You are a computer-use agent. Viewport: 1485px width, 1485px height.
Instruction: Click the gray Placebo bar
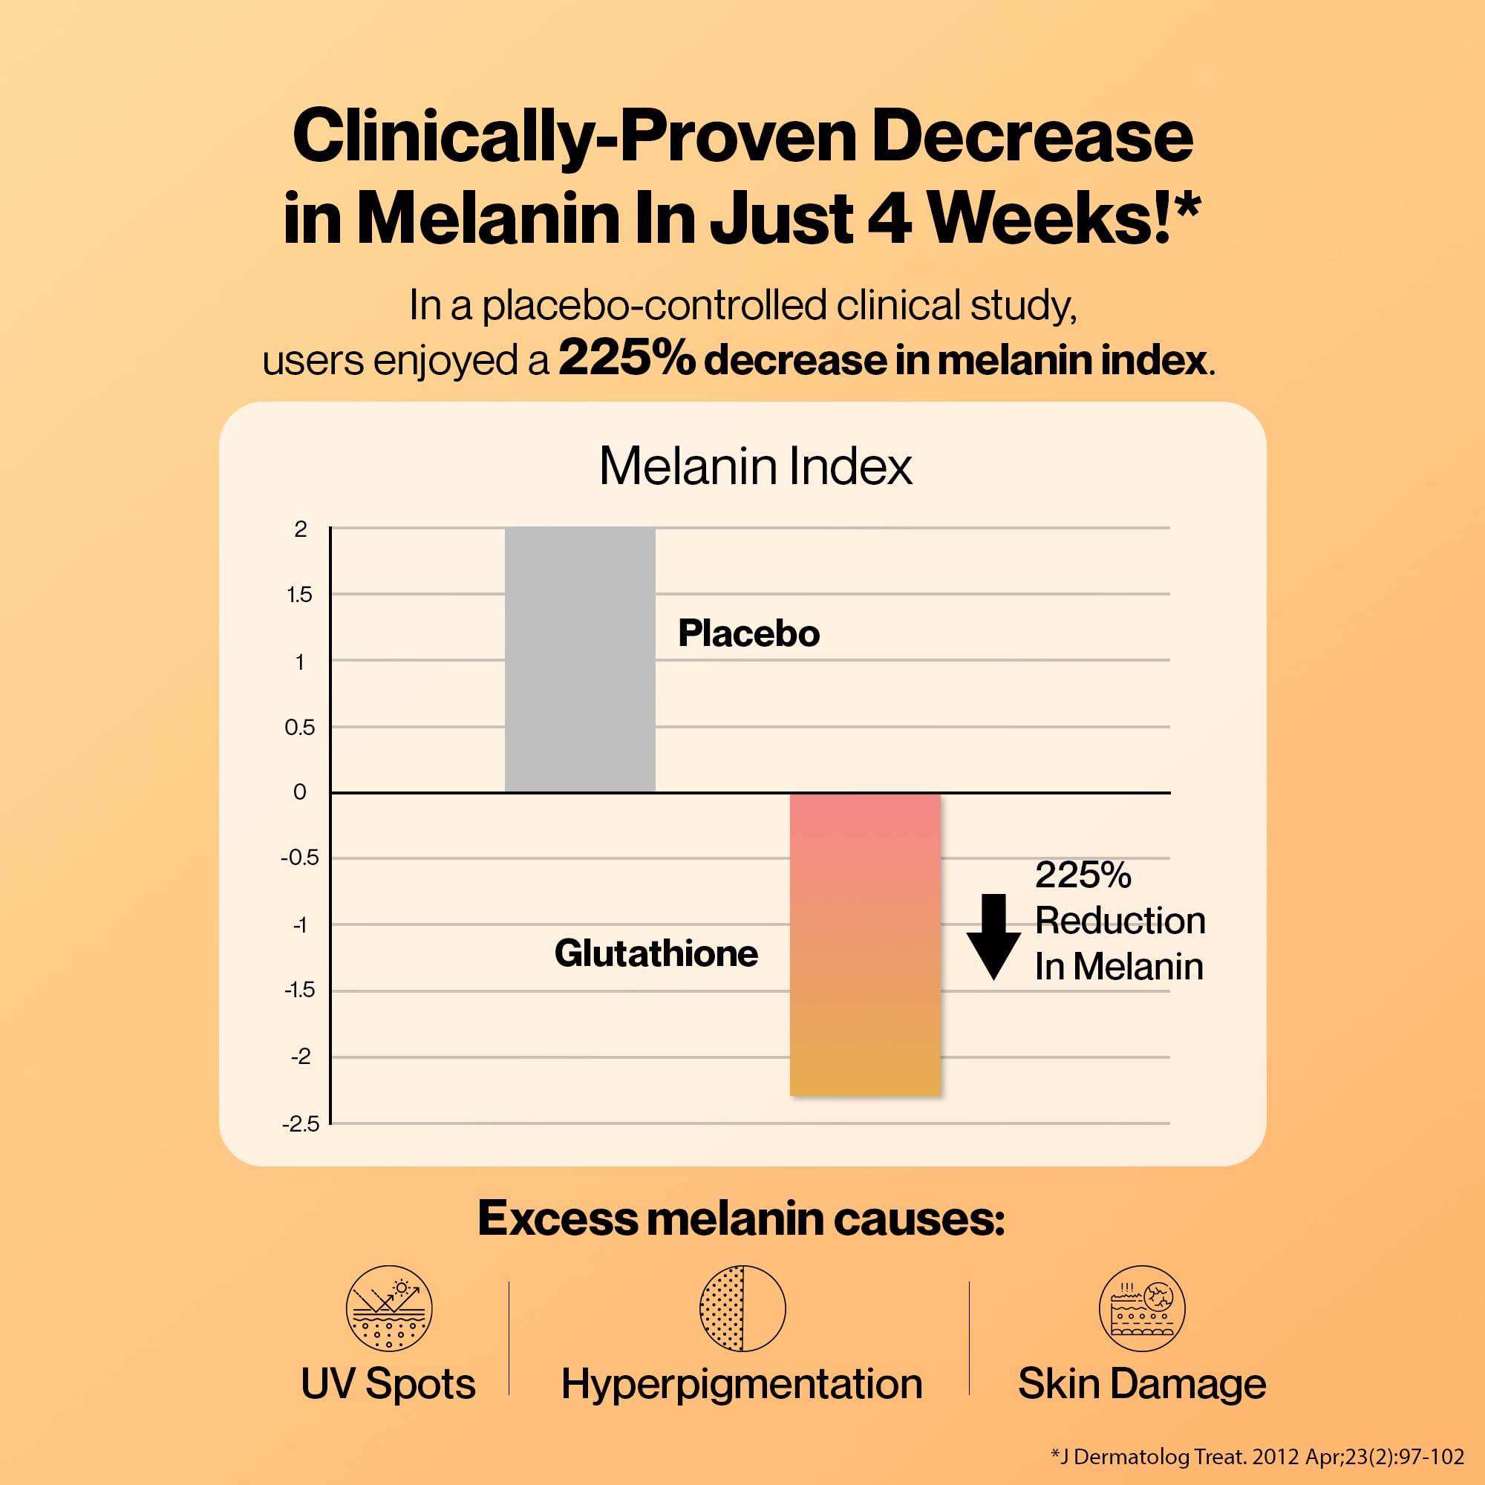click(580, 659)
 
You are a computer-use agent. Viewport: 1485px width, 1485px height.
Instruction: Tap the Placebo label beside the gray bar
click(748, 633)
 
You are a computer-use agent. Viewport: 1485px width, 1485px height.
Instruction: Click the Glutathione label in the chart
click(656, 953)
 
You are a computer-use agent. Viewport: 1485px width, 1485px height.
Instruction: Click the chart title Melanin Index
click(756, 466)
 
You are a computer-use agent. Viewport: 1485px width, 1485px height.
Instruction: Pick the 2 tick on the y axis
click(301, 529)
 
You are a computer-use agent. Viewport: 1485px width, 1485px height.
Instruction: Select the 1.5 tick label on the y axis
click(300, 594)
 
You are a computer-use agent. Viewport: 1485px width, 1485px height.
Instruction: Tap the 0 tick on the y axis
click(300, 792)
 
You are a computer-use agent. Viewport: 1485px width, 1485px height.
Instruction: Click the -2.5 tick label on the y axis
click(301, 1124)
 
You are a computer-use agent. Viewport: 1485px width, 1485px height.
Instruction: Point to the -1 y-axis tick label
click(300, 924)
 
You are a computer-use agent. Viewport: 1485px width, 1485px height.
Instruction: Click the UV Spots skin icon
click(389, 1308)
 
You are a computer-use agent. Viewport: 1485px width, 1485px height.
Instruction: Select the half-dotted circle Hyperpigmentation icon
click(742, 1308)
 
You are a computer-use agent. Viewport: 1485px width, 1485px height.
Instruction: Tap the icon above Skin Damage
click(1141, 1308)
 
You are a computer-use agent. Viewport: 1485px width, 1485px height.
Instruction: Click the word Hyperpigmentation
click(742, 1384)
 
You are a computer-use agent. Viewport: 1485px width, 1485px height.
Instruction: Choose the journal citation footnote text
click(1257, 1456)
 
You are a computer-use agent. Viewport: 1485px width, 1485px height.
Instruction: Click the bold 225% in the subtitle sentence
click(627, 359)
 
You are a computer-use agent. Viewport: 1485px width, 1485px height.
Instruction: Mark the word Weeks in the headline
click(1048, 218)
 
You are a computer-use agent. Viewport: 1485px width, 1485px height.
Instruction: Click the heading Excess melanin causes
click(741, 1218)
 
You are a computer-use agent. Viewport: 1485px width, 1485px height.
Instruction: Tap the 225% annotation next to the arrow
click(1083, 875)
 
